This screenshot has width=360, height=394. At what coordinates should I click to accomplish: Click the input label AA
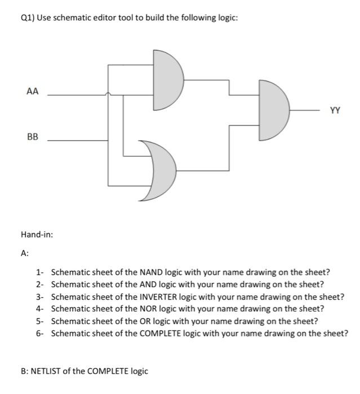click(x=32, y=91)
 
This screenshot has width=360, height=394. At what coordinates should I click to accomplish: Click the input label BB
click(x=32, y=136)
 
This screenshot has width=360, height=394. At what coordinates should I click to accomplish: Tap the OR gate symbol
click(x=160, y=171)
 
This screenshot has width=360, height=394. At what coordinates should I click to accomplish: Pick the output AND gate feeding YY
click(x=273, y=110)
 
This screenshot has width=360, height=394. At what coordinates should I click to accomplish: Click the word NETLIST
click(x=50, y=371)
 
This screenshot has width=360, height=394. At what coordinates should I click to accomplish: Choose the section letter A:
click(x=25, y=253)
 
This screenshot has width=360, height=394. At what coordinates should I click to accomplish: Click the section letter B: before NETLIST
click(x=24, y=371)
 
